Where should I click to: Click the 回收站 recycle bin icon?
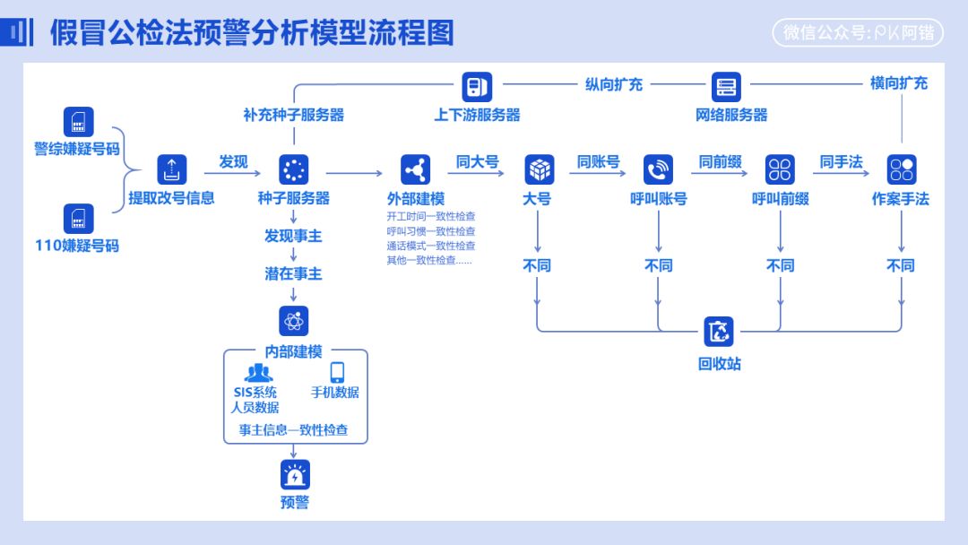719,332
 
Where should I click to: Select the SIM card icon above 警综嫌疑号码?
79,122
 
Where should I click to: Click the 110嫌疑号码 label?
77,246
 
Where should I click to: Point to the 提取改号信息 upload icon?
172,169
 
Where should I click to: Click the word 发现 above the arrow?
233,162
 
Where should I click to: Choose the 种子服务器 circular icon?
294,169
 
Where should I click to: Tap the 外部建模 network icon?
416,169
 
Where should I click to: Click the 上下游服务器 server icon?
477,87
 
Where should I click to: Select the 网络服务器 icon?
726,87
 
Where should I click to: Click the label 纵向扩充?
614,84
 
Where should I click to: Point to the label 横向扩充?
899,83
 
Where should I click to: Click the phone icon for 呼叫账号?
659,169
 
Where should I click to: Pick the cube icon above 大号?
539,169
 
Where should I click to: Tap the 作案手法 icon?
901,169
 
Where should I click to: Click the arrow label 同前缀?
721,162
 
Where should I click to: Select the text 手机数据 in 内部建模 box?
335,393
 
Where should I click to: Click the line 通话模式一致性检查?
431,246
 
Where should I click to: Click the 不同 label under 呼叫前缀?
780,266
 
